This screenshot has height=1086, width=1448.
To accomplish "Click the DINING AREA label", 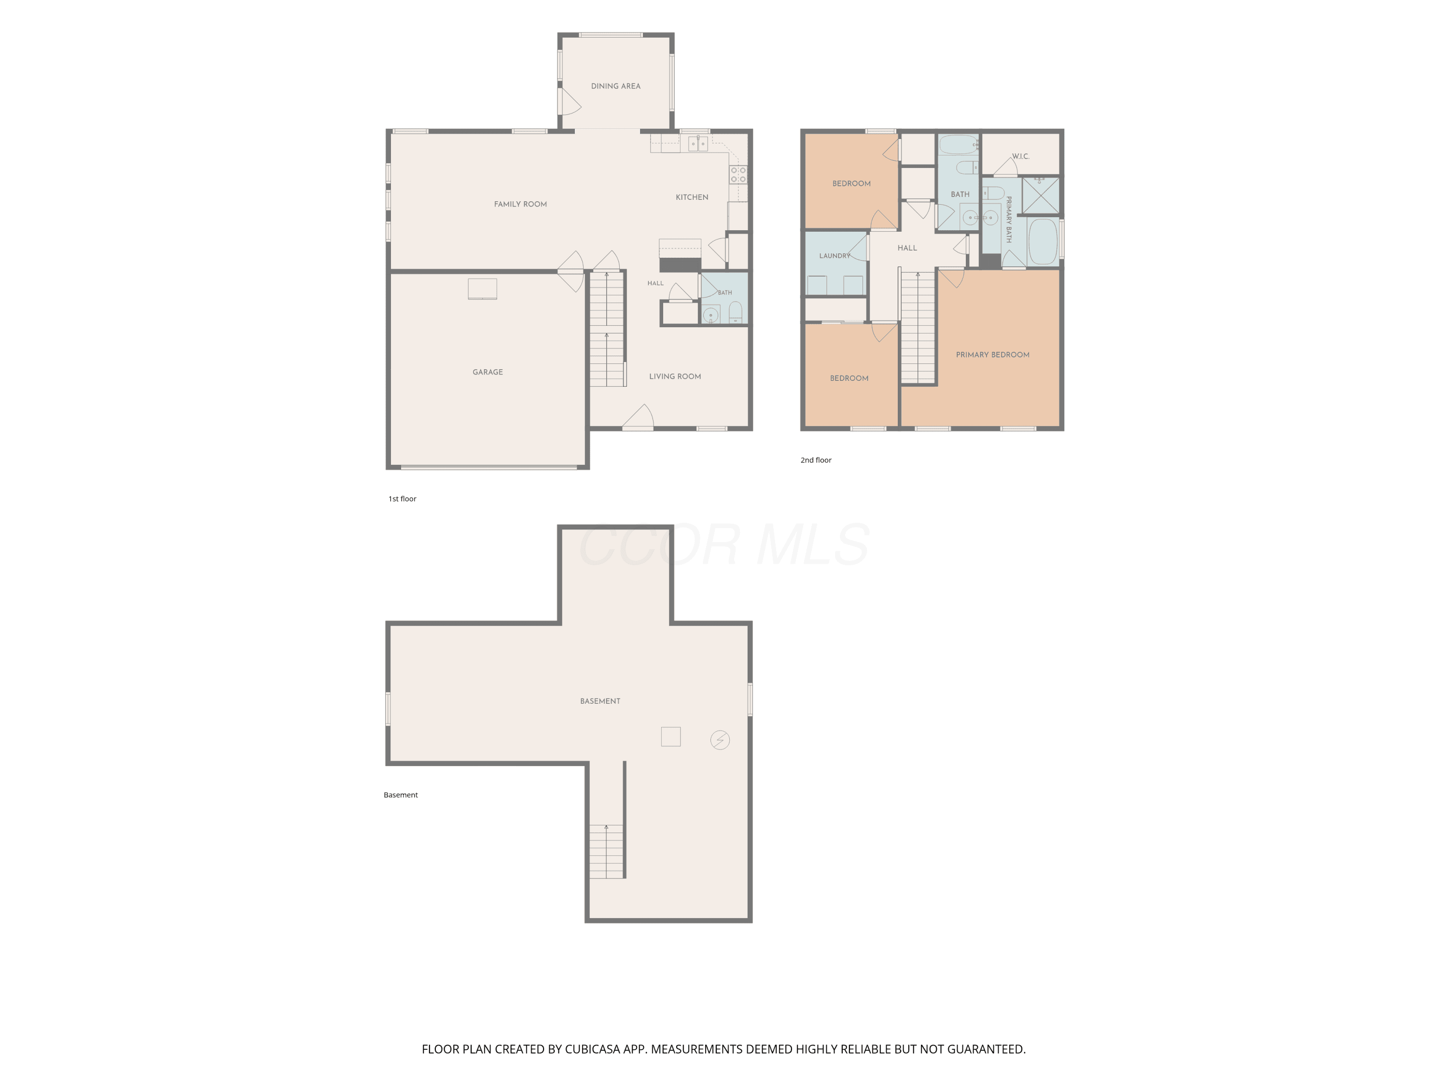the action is (615, 86).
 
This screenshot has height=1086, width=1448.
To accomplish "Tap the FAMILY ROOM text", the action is (520, 204).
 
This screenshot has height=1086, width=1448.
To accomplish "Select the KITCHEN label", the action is (692, 197).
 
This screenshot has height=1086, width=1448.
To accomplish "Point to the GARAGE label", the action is (487, 372).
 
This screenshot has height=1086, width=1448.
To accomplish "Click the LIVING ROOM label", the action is (675, 376).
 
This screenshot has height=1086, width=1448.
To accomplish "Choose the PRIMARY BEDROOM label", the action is (992, 355).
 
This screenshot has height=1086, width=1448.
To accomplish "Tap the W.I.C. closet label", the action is (1020, 156).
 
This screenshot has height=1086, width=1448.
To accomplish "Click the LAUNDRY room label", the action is (835, 256).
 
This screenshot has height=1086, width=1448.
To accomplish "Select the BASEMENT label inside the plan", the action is (600, 701).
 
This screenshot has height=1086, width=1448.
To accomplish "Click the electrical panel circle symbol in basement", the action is (720, 740).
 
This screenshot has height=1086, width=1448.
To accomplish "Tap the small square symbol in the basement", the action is (671, 737).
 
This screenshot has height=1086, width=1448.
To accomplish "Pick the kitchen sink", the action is (698, 143).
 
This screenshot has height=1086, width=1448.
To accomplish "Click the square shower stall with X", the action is (1040, 195).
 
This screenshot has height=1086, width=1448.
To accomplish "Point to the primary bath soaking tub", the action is (1043, 241).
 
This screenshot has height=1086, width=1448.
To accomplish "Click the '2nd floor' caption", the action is (816, 460).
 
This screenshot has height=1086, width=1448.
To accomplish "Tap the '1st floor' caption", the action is (402, 499).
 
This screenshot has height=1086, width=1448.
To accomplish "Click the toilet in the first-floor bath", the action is (736, 312).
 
